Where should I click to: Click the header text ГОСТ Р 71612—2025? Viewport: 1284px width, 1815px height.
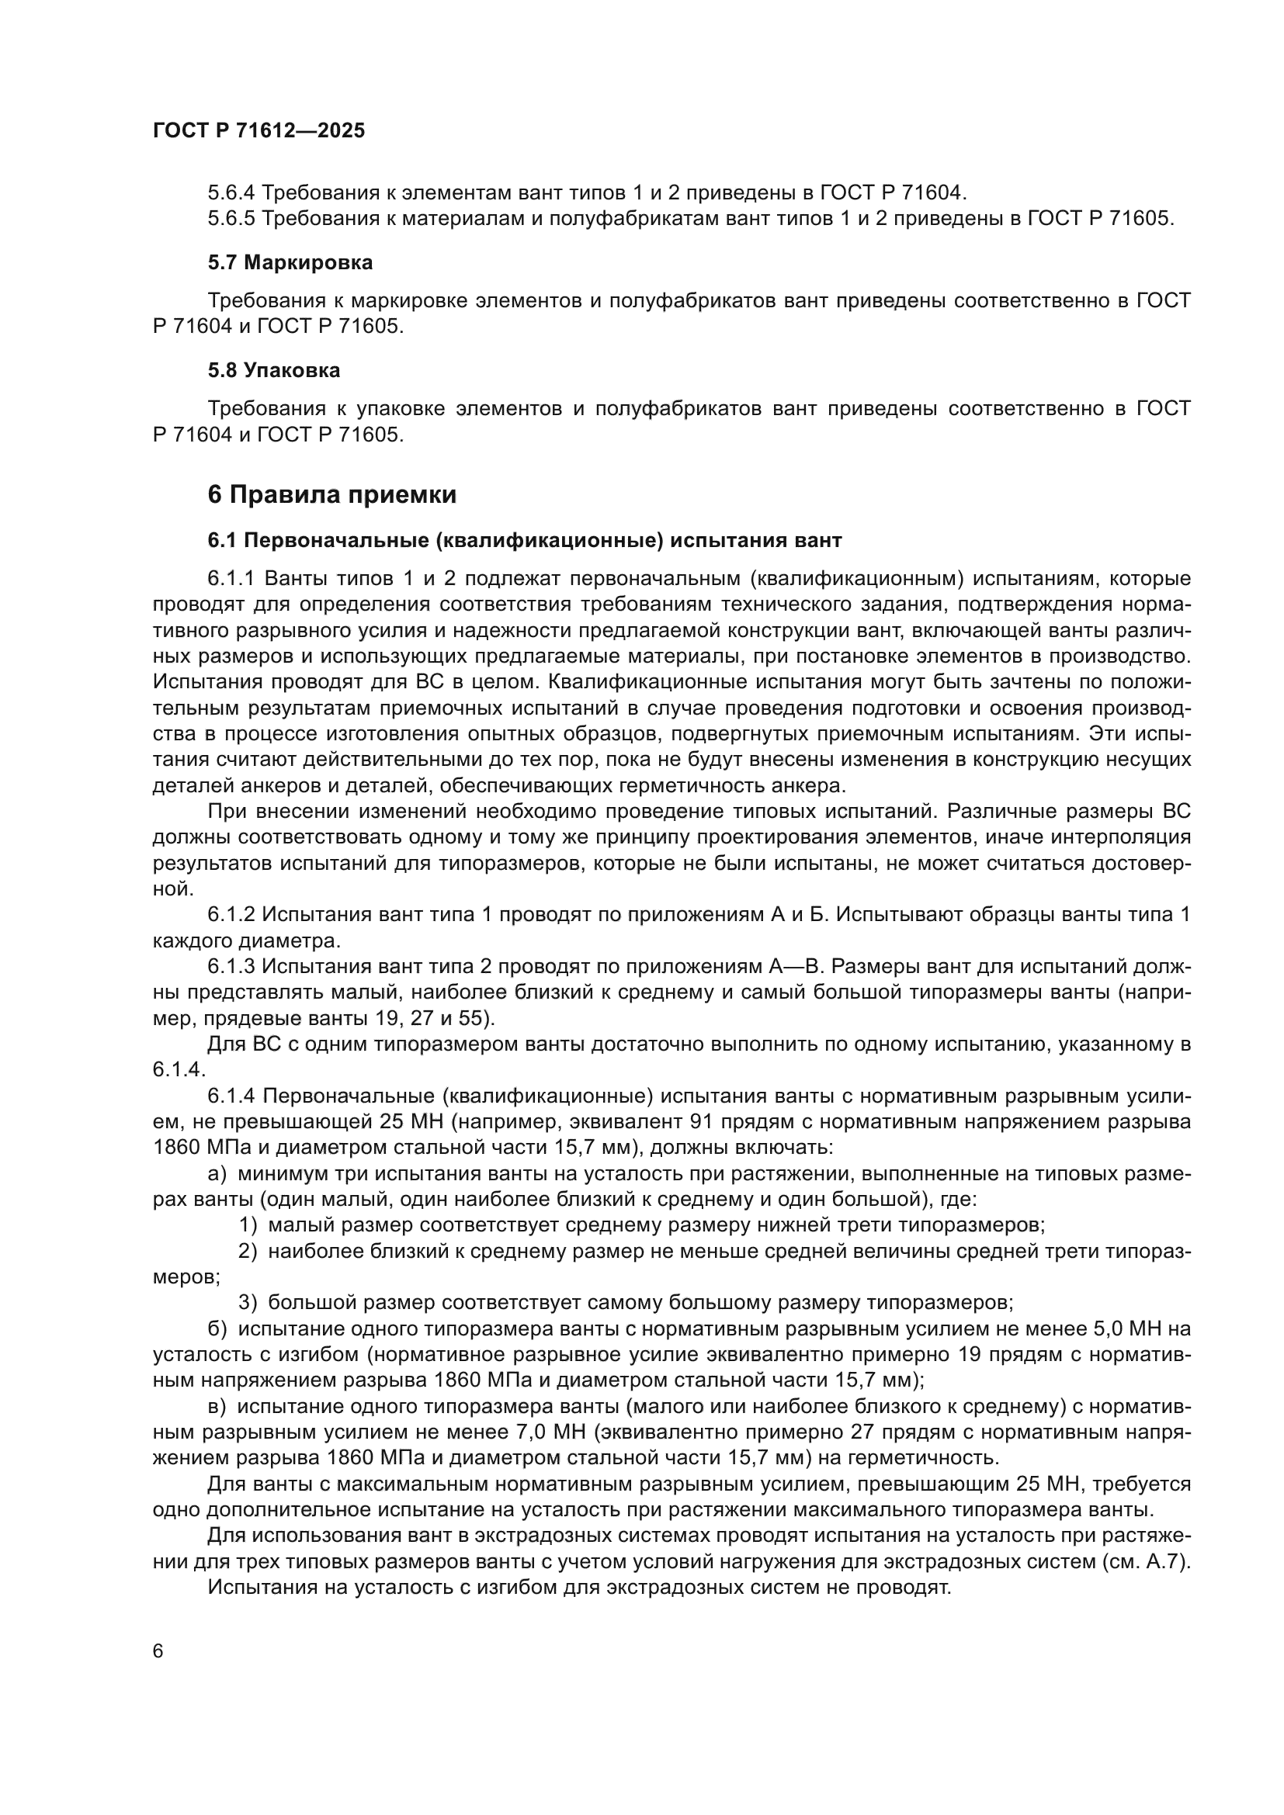259,130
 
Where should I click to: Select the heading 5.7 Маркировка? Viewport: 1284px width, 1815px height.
290,262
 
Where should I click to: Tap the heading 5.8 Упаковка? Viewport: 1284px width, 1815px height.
274,370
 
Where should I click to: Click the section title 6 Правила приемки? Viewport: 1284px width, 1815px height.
332,495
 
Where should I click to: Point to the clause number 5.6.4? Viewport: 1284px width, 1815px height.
231,192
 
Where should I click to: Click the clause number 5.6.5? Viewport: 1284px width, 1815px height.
231,218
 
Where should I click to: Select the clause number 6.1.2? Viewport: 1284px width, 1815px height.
231,915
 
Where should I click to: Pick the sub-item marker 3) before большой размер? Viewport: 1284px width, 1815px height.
248,1302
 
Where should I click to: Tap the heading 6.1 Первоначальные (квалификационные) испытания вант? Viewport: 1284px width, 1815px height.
525,541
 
